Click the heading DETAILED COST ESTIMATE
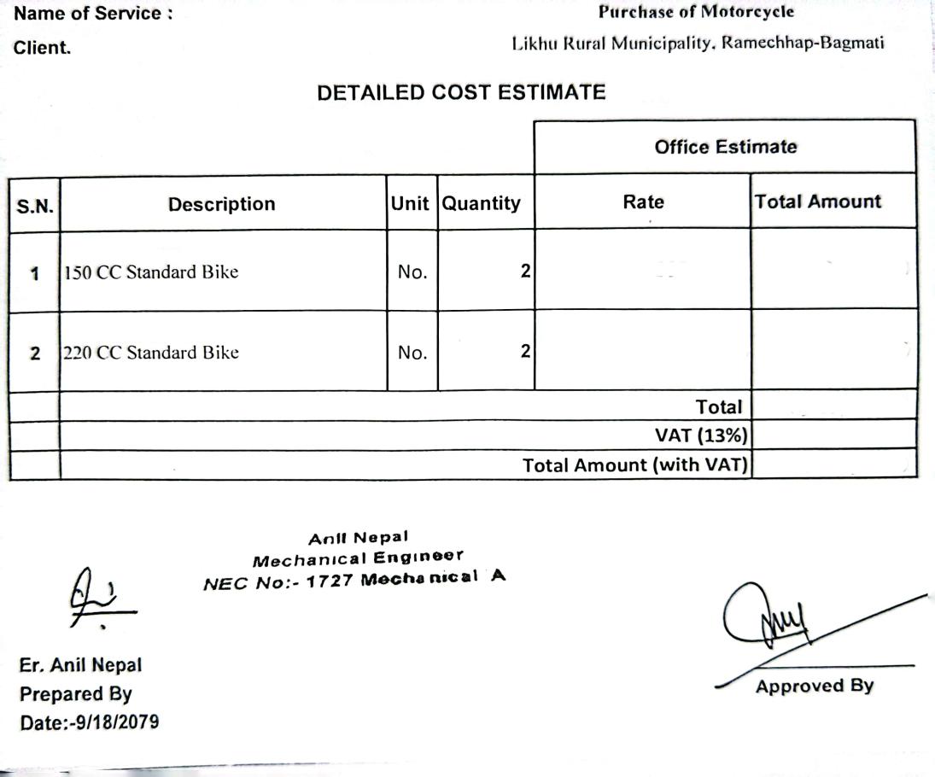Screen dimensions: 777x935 (x=461, y=93)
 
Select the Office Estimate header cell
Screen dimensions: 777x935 (x=725, y=147)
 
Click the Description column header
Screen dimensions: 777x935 (x=222, y=204)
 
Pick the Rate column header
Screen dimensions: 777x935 (x=643, y=202)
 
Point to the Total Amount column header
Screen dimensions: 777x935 (x=817, y=202)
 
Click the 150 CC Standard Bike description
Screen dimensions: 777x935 (x=152, y=272)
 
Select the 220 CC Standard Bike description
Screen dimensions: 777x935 (x=152, y=353)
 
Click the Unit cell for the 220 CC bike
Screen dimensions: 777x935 (x=412, y=353)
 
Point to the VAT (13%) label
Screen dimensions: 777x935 (x=701, y=435)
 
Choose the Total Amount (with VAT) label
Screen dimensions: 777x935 (x=635, y=464)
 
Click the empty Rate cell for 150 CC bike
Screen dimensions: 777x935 (x=643, y=270)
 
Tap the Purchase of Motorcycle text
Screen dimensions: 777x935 (x=696, y=12)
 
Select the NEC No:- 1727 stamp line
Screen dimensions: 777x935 (x=354, y=580)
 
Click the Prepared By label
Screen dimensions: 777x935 (x=75, y=693)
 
